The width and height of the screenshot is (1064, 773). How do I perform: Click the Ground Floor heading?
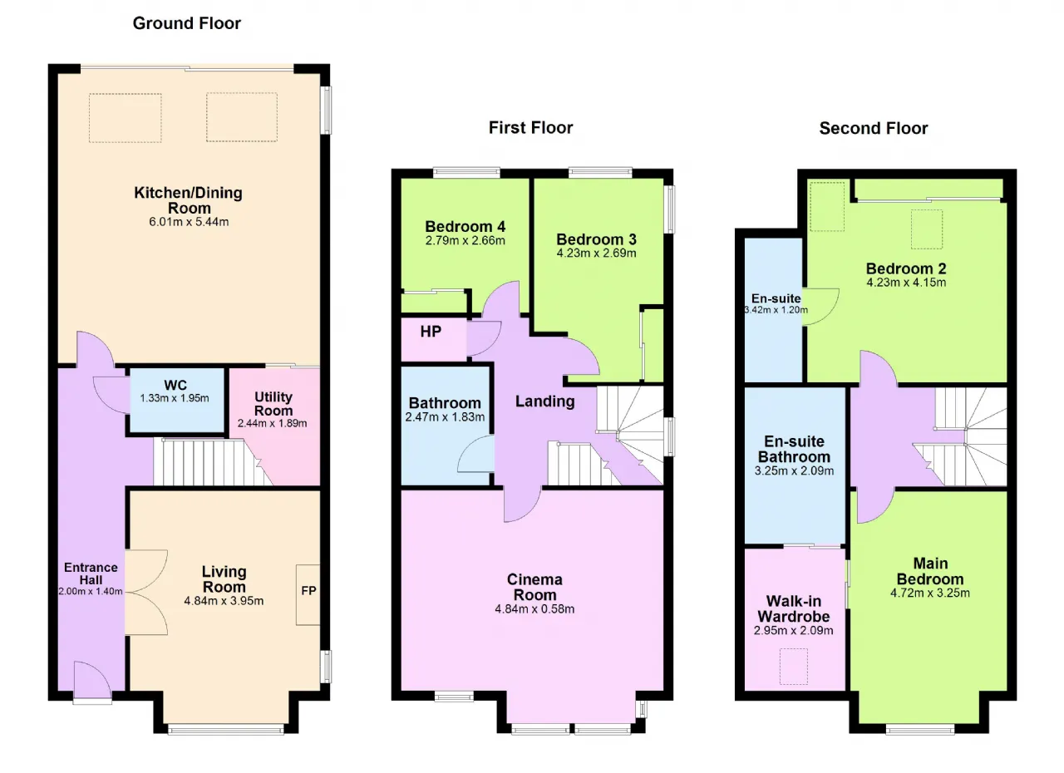[187, 23]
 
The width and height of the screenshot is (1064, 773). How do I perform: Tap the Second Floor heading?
[873, 128]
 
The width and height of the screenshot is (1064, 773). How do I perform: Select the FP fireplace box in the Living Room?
[308, 594]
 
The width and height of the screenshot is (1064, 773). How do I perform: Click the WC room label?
[175, 385]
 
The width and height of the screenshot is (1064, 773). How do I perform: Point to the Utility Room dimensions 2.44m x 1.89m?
[272, 423]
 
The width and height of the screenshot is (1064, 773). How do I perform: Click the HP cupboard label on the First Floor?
[431, 332]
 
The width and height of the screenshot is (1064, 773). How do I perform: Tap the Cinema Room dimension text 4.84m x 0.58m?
[534, 608]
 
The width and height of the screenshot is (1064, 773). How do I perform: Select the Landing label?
[544, 401]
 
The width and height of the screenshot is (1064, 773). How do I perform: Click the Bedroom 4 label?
[465, 226]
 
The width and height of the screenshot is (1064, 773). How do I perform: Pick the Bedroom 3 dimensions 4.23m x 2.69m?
[596, 253]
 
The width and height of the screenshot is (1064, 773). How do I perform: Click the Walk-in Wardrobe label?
[793, 608]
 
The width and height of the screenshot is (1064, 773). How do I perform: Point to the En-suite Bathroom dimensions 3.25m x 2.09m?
[794, 470]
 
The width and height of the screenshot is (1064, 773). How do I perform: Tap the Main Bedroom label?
[930, 571]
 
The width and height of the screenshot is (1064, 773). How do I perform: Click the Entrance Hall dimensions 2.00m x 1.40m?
[91, 592]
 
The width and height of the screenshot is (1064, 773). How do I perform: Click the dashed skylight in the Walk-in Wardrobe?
[793, 667]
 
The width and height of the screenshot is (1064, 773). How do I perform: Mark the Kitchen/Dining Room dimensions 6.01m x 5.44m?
[189, 222]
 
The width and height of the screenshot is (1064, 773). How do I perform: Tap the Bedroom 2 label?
[906, 268]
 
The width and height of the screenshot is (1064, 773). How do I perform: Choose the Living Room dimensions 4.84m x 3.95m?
[224, 601]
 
